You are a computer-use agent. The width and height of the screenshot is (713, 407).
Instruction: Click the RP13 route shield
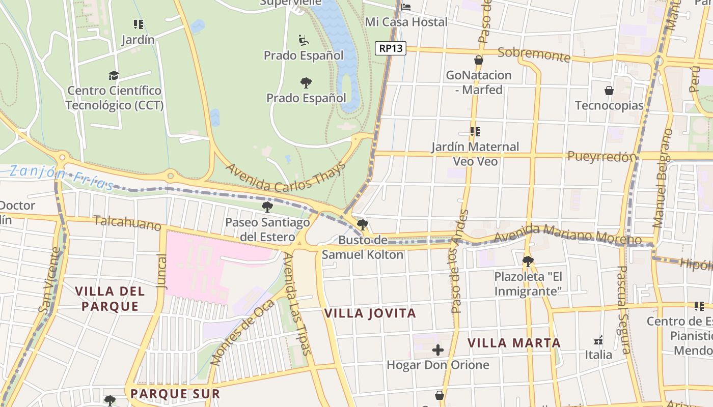pyautogui.click(x=391, y=48)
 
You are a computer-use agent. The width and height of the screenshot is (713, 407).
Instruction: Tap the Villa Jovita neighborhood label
pyautogui.click(x=370, y=313)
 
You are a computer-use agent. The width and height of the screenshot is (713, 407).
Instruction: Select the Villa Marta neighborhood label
pyautogui.click(x=514, y=343)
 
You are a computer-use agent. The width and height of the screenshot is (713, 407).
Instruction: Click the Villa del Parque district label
pyautogui.click(x=110, y=299)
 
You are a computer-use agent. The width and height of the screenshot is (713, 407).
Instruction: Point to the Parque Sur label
pyautogui.click(x=175, y=394)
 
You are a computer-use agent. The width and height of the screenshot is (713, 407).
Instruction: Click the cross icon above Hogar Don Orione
pyautogui.click(x=438, y=350)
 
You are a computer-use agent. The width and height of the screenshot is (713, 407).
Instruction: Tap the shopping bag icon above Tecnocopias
pyautogui.click(x=609, y=91)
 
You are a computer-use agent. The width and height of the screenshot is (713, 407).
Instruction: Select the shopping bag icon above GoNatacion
pyautogui.click(x=478, y=60)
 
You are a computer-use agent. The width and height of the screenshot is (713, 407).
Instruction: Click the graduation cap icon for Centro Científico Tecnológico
pyautogui.click(x=114, y=76)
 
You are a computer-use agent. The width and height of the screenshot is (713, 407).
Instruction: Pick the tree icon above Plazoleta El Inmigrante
pyautogui.click(x=528, y=261)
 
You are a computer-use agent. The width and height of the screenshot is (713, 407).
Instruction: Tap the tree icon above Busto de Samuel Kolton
pyautogui.click(x=362, y=225)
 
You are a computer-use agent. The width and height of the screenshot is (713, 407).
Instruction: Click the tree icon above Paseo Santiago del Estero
pyautogui.click(x=267, y=207)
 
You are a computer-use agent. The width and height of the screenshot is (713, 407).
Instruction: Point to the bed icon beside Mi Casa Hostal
pyautogui.click(x=406, y=7)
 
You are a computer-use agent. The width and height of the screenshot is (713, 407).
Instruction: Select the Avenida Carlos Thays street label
pyautogui.click(x=286, y=178)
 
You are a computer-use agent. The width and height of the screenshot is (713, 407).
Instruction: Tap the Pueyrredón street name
pyautogui.click(x=602, y=156)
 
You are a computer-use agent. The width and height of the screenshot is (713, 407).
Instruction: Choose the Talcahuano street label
pyautogui.click(x=127, y=223)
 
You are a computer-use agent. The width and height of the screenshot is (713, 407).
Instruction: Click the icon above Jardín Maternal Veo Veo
pyautogui.click(x=475, y=132)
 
